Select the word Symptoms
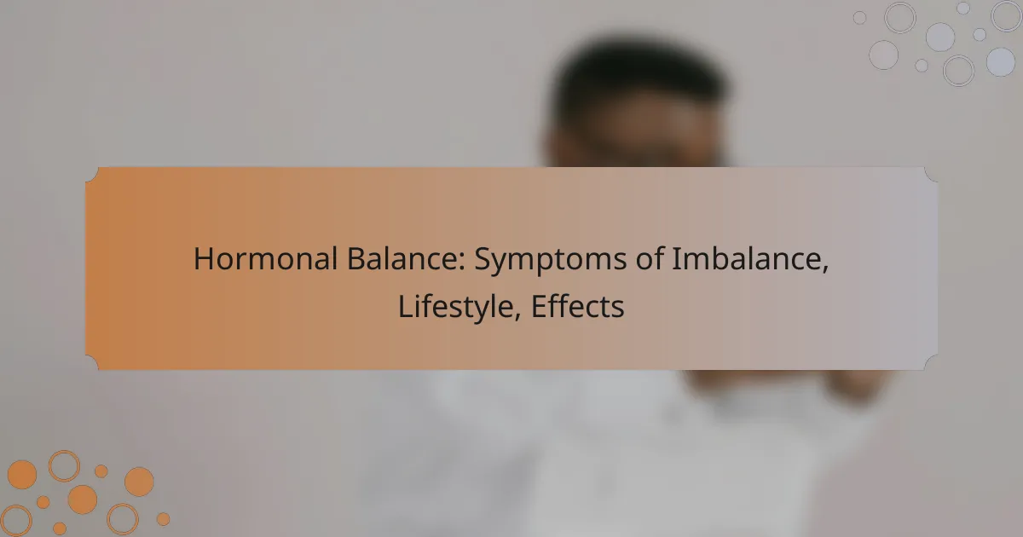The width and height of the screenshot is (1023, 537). (x=551, y=261)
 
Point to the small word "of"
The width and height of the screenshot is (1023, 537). (x=650, y=258)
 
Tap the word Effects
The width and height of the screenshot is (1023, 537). (x=577, y=306)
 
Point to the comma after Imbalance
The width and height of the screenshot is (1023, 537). (x=825, y=270)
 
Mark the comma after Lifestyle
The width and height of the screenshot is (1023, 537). (x=517, y=317)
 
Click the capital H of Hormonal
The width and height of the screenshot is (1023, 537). (x=204, y=259)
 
